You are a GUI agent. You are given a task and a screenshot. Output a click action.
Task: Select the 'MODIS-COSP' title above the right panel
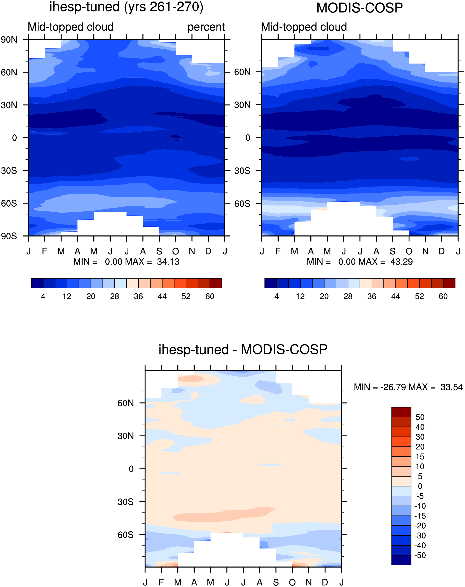click(x=359, y=8)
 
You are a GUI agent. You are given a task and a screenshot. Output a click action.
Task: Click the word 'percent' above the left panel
click(x=206, y=27)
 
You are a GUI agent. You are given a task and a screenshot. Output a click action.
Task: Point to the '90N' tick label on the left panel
click(x=9, y=40)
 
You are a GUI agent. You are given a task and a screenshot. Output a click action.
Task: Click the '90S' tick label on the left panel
click(x=9, y=236)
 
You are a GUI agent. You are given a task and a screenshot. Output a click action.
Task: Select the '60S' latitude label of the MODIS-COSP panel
click(x=242, y=204)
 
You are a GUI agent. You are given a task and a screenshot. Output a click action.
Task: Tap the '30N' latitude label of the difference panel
click(x=126, y=436)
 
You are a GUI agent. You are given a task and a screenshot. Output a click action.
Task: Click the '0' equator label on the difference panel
click(x=131, y=469)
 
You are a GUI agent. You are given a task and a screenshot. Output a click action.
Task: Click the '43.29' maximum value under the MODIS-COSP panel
click(x=402, y=262)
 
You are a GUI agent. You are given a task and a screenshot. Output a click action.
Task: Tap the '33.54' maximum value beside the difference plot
click(x=452, y=387)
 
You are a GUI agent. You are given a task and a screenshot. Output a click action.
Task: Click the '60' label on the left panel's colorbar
click(x=210, y=296)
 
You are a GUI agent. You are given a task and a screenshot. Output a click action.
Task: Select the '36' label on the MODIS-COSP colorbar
click(x=372, y=296)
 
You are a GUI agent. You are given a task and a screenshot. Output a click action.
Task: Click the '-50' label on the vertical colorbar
click(x=420, y=555)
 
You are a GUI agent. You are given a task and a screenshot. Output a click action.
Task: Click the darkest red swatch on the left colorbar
click(x=216, y=283)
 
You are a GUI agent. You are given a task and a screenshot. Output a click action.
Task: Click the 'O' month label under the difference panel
click(x=292, y=582)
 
